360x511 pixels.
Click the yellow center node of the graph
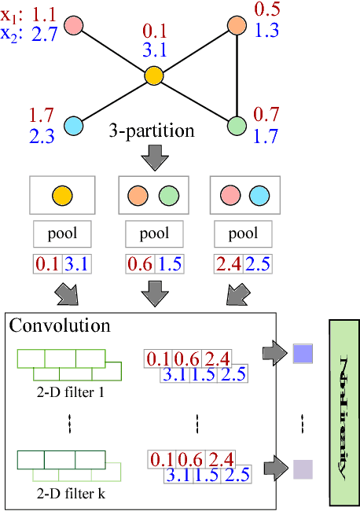(153, 76)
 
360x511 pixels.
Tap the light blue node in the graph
(73, 124)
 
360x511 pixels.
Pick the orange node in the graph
(237, 25)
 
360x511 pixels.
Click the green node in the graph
(237, 124)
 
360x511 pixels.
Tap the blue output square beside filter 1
(303, 354)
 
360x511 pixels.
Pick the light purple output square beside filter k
(303, 469)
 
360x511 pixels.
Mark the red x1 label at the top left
(12, 13)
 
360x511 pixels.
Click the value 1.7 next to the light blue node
(42, 117)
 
